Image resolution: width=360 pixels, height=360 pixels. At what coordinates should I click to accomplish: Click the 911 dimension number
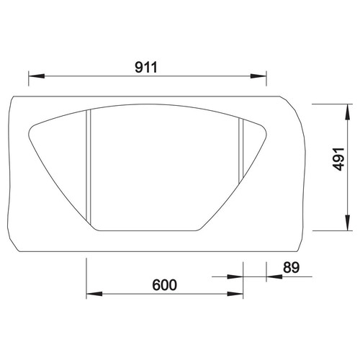click(146, 67)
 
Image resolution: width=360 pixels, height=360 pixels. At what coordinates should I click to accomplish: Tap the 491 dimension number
click(339, 159)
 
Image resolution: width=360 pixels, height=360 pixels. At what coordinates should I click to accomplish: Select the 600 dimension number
click(165, 285)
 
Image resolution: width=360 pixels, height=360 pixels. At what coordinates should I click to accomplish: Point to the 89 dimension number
click(292, 267)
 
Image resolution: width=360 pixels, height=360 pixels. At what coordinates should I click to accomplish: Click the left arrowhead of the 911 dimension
click(37, 76)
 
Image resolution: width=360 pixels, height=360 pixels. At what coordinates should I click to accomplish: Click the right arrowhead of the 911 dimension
click(258, 76)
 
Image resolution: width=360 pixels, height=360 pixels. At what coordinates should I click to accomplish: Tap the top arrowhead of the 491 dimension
click(347, 112)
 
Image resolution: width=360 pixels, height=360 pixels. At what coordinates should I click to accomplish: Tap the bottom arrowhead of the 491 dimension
click(347, 222)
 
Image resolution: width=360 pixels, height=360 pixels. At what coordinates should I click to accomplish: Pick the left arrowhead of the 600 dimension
click(94, 294)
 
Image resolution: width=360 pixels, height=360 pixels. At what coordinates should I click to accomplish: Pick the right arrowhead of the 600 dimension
click(235, 294)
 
